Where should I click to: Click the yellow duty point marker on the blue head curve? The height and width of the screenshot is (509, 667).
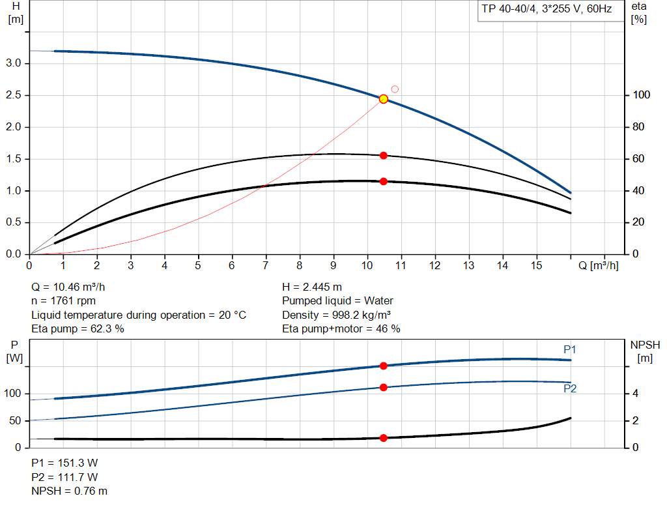tap(384, 99)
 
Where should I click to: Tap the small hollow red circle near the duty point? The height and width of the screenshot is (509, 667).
tap(395, 89)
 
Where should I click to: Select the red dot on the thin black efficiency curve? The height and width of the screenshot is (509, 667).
tap(384, 156)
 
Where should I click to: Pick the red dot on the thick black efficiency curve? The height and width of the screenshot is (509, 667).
tap(384, 181)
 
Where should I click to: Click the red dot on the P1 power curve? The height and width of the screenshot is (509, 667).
tap(384, 366)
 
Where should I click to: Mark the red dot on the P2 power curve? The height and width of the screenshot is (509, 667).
tap(384, 388)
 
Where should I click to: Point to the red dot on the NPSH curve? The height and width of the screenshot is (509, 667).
tap(384, 438)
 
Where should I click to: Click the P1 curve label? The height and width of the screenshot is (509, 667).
tap(570, 350)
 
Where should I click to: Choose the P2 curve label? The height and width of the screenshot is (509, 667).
tap(570, 389)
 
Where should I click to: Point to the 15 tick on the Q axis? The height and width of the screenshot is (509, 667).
tap(537, 266)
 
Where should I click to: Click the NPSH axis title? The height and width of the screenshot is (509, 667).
tap(644, 345)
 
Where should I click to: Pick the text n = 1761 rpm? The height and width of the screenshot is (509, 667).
tap(63, 301)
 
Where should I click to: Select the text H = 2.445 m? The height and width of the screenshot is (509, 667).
tap(312, 287)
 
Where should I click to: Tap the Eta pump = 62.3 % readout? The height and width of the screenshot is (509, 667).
tap(78, 329)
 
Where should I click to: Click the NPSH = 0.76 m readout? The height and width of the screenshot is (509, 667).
tap(70, 491)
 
